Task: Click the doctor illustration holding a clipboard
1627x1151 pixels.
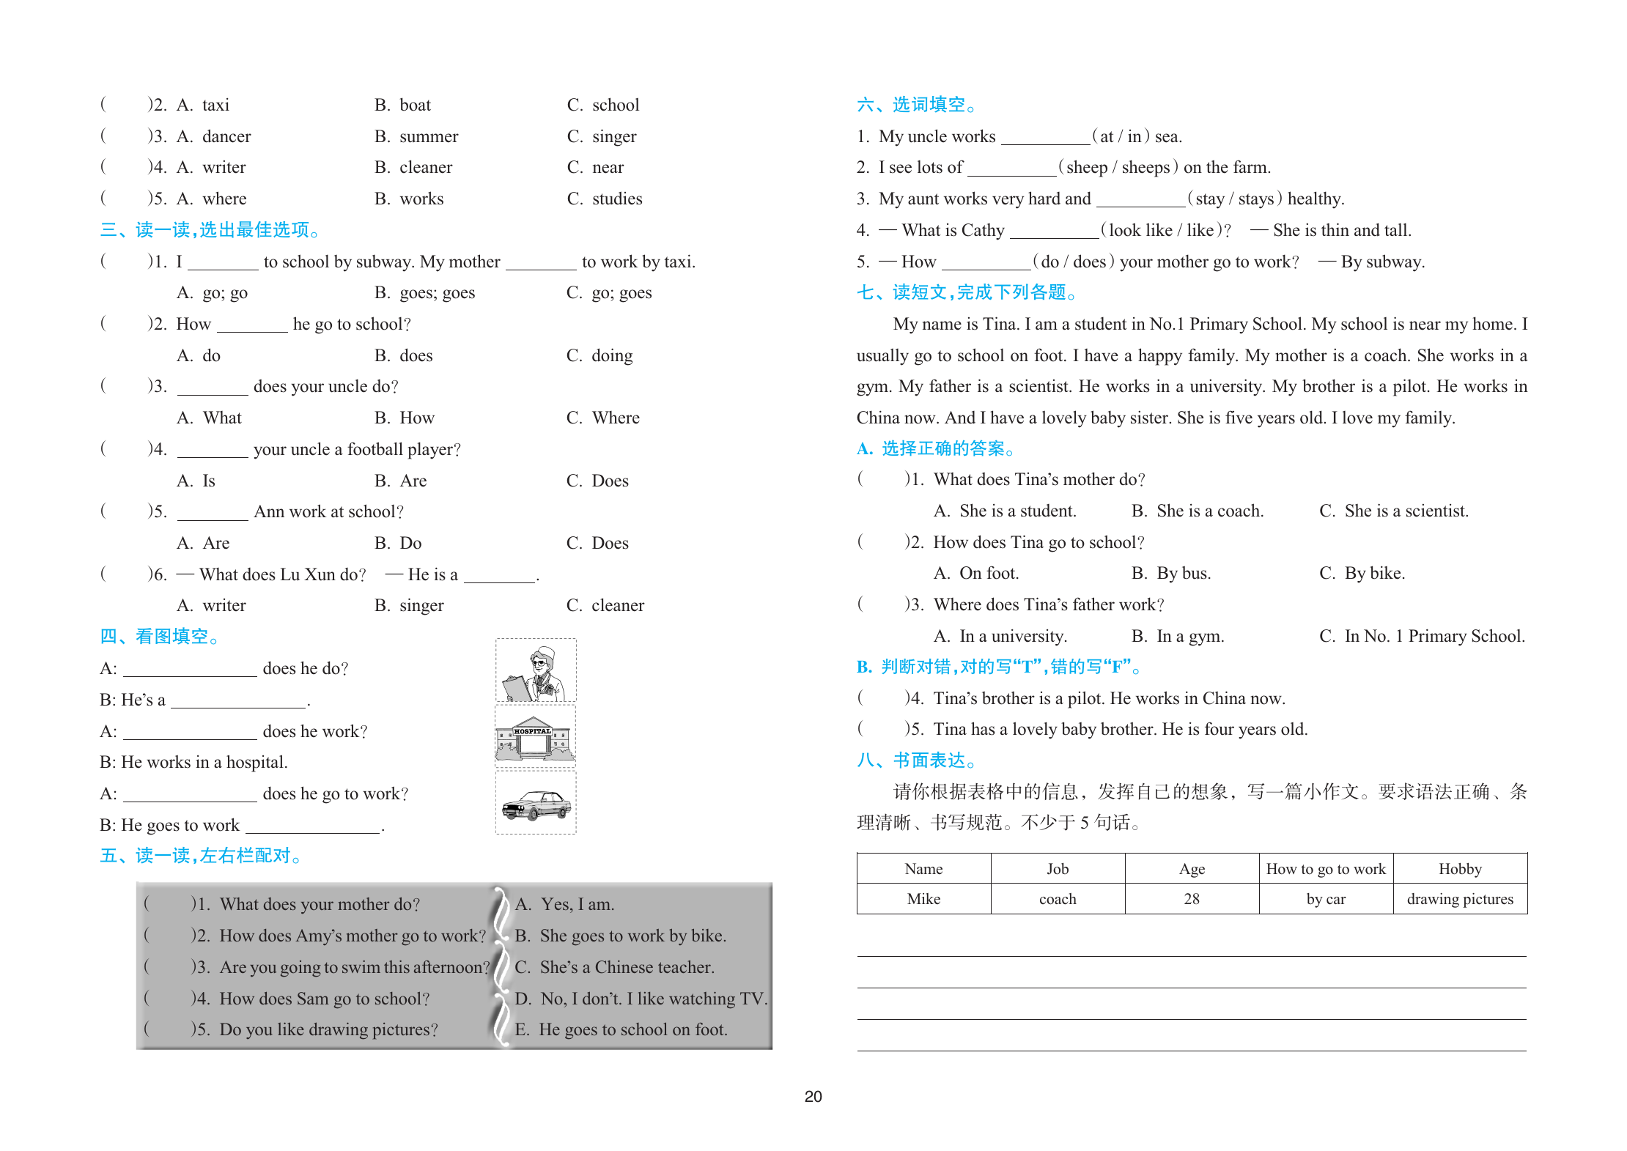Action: coord(536,671)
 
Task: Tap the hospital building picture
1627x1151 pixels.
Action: coord(535,736)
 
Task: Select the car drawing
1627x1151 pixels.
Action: coord(536,803)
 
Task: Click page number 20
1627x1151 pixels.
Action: coord(813,1097)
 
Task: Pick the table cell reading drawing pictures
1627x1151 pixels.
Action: coord(1459,899)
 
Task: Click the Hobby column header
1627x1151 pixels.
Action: coord(1459,869)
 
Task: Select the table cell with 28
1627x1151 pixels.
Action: coord(1192,899)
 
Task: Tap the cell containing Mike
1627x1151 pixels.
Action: coord(923,899)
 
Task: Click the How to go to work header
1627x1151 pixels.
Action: coord(1326,869)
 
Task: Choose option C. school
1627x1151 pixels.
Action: coord(603,106)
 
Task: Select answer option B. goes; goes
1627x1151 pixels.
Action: coord(424,293)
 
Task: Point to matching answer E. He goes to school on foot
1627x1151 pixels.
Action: coord(621,1030)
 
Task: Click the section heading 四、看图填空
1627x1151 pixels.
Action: coord(160,637)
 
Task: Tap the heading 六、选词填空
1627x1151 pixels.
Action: coord(916,106)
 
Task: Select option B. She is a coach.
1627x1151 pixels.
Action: coord(1198,511)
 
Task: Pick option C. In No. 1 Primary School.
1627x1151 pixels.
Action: coord(1422,637)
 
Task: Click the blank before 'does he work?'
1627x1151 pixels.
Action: coord(190,731)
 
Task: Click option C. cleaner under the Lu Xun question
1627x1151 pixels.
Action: coord(605,606)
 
